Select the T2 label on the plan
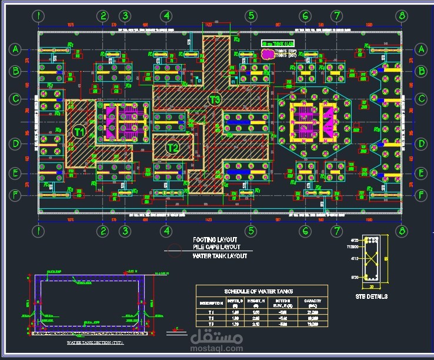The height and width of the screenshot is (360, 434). click(172, 147)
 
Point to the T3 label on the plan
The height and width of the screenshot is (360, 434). click(215, 99)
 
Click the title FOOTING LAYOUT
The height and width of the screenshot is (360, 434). click(215, 240)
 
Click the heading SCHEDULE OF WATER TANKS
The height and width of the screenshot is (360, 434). click(258, 291)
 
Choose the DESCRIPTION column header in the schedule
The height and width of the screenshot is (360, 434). click(211, 303)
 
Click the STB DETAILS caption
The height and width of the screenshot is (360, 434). click(371, 296)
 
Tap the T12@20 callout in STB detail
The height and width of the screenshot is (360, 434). click(355, 248)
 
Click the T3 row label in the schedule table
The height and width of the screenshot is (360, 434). click(211, 324)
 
